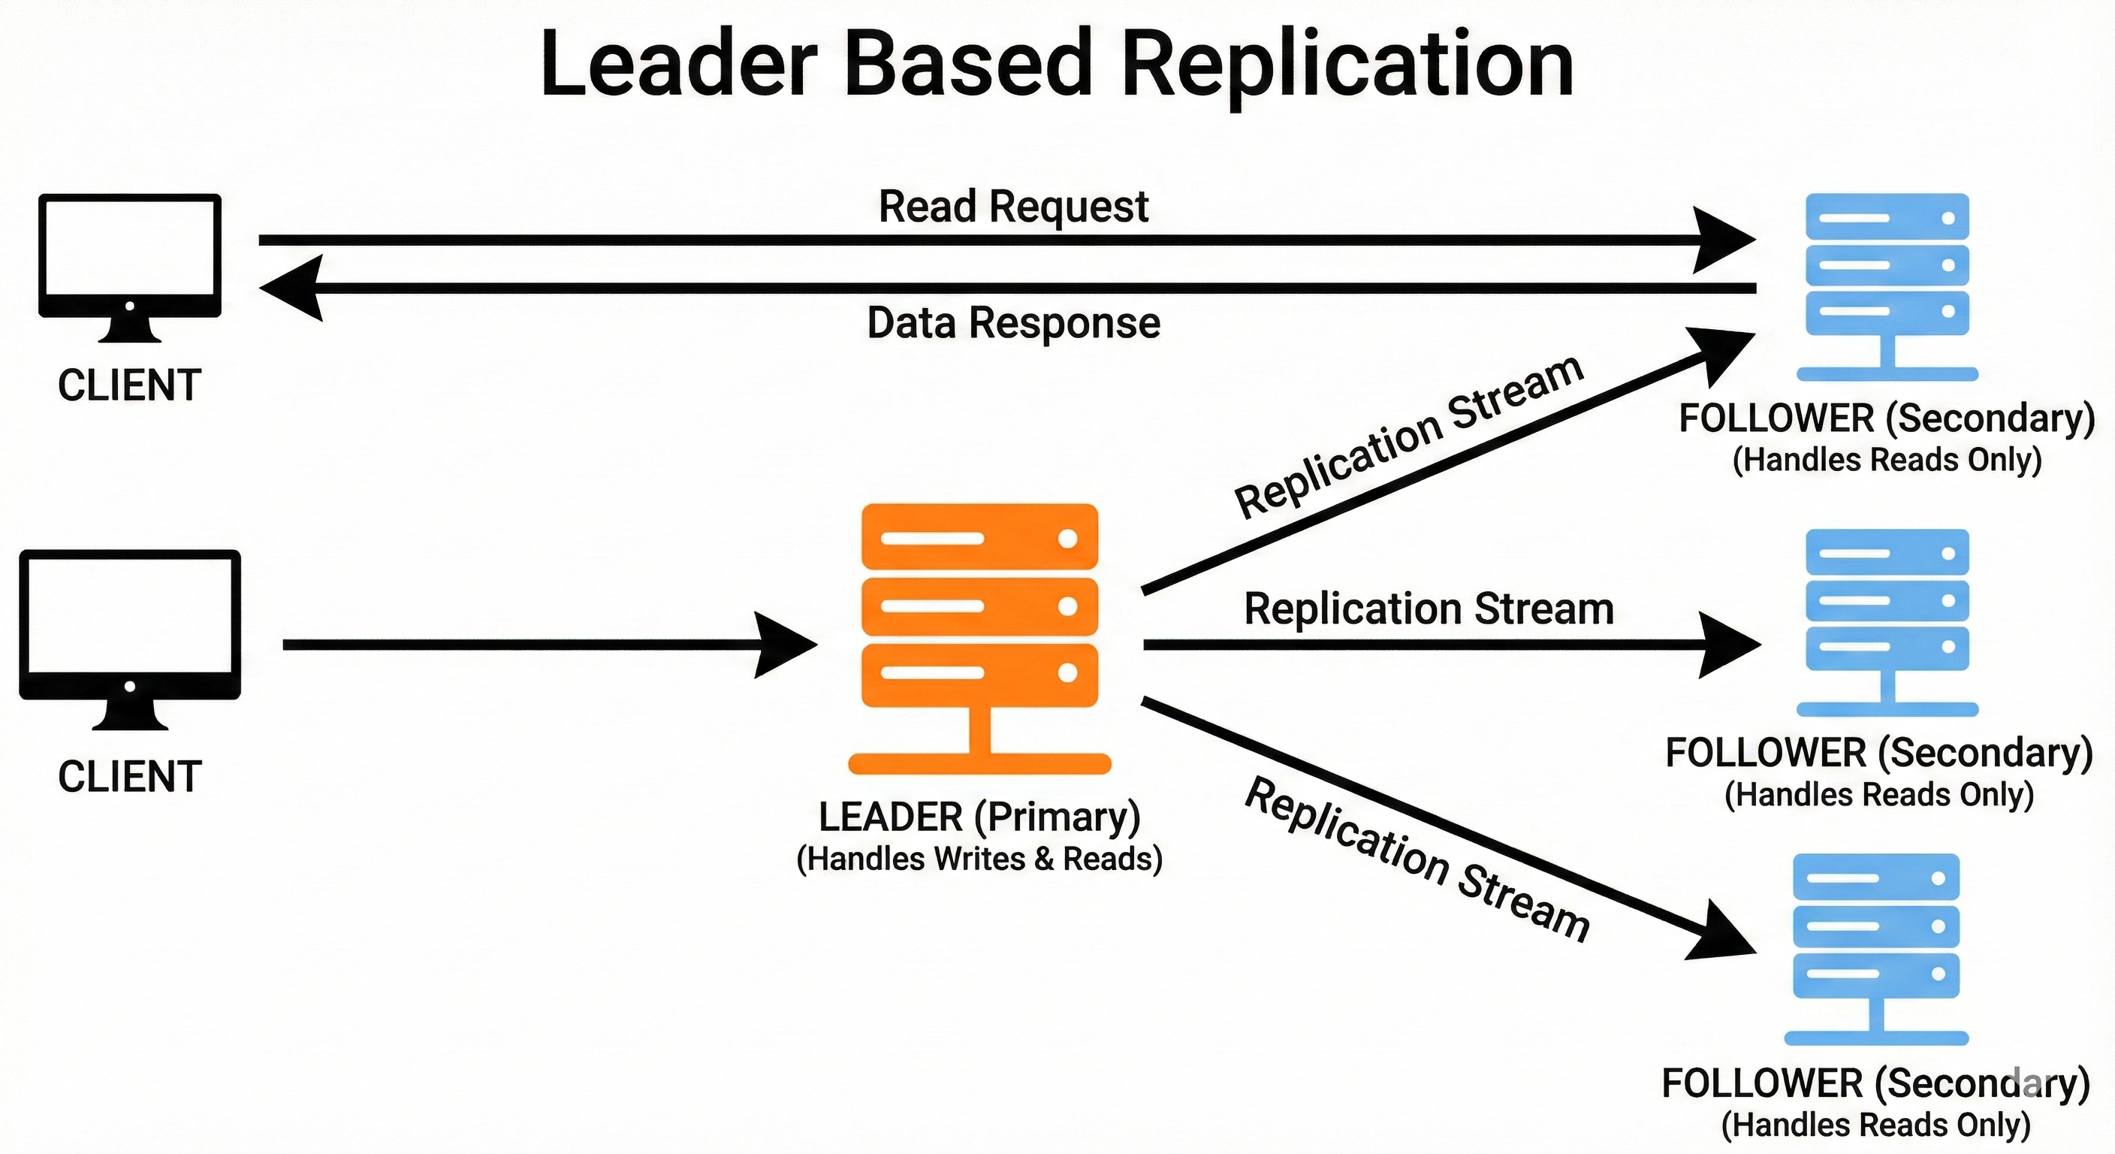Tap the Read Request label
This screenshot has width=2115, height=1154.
(1013, 206)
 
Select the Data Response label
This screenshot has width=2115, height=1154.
(1013, 323)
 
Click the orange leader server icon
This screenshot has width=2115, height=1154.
(979, 624)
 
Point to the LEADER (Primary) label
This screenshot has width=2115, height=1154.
(979, 817)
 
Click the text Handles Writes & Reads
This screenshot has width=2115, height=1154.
(979, 859)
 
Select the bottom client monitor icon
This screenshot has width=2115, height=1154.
(130, 633)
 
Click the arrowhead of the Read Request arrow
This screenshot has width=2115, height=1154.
(1724, 240)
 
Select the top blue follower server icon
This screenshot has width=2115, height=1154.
(1887, 279)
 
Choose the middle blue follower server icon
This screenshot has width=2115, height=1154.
(1887, 616)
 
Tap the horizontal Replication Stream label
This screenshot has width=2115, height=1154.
(1429, 609)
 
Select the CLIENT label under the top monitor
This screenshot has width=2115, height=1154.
(130, 385)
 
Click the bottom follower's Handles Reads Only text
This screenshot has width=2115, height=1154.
(1875, 1125)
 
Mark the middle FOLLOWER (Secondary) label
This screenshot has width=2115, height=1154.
(1878, 753)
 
